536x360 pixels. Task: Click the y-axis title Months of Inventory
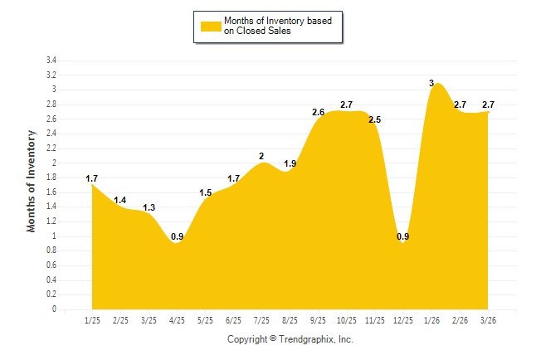pyautogui.click(x=32, y=181)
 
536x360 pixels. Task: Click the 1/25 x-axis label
pyautogui.click(x=91, y=320)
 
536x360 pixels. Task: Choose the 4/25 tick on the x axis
pyautogui.click(x=177, y=320)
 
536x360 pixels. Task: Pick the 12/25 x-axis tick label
pyautogui.click(x=403, y=320)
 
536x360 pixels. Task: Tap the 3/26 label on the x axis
pyautogui.click(x=489, y=320)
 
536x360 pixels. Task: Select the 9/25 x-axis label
pyautogui.click(x=319, y=320)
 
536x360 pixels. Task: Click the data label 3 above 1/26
pyautogui.click(x=431, y=82)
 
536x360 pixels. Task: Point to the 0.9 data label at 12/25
pyautogui.click(x=403, y=237)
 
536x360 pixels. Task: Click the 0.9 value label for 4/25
pyautogui.click(x=177, y=237)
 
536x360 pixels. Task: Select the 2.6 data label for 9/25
pyautogui.click(x=319, y=112)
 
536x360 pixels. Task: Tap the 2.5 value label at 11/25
pyautogui.click(x=374, y=119)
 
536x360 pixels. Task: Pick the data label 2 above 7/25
pyautogui.click(x=261, y=156)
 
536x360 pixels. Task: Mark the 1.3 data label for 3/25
pyautogui.click(x=149, y=207)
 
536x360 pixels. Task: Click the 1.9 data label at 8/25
pyautogui.click(x=290, y=163)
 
